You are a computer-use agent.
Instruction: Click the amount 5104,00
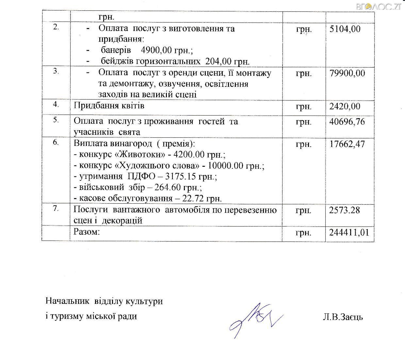(345, 29)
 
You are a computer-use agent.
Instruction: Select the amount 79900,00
(348, 73)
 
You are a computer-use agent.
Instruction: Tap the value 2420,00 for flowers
(345, 106)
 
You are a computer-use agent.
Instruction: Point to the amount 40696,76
(348, 122)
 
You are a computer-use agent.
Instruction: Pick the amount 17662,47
(348, 144)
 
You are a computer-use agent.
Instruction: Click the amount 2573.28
(345, 210)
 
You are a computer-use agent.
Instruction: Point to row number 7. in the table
(56, 209)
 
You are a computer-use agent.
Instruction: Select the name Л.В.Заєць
(342, 317)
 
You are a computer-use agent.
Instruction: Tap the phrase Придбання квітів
(109, 106)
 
